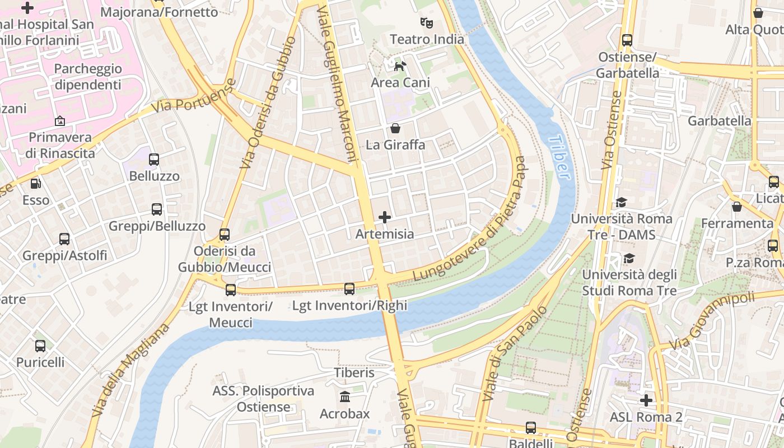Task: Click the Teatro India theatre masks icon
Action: point(427,23)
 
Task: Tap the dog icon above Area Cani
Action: point(400,67)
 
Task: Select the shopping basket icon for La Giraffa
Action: point(395,128)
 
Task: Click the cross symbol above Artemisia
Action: point(385,217)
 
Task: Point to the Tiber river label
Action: point(560,157)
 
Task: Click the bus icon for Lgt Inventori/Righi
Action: point(349,289)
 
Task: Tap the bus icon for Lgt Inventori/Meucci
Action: point(231,290)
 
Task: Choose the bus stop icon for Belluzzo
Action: point(154,160)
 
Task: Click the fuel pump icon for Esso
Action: point(36,183)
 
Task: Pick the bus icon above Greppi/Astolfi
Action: point(64,239)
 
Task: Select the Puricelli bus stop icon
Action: point(40,346)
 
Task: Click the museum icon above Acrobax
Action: point(345,397)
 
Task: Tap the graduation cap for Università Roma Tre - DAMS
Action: point(621,202)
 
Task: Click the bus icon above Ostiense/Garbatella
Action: point(627,40)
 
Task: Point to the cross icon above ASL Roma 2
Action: point(646,400)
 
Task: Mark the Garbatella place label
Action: point(720,121)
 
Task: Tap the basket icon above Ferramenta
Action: point(737,207)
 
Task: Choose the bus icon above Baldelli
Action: point(531,428)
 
